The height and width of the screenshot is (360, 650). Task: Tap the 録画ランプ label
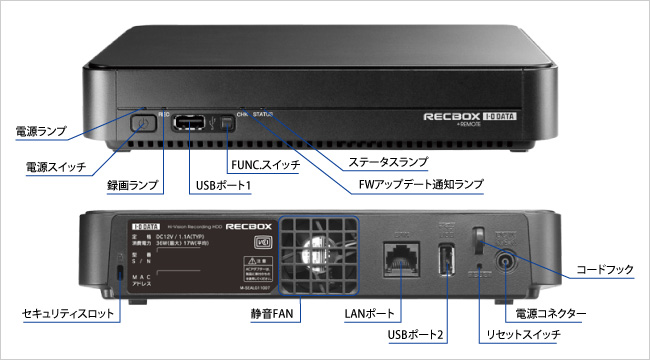click(133, 185)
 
